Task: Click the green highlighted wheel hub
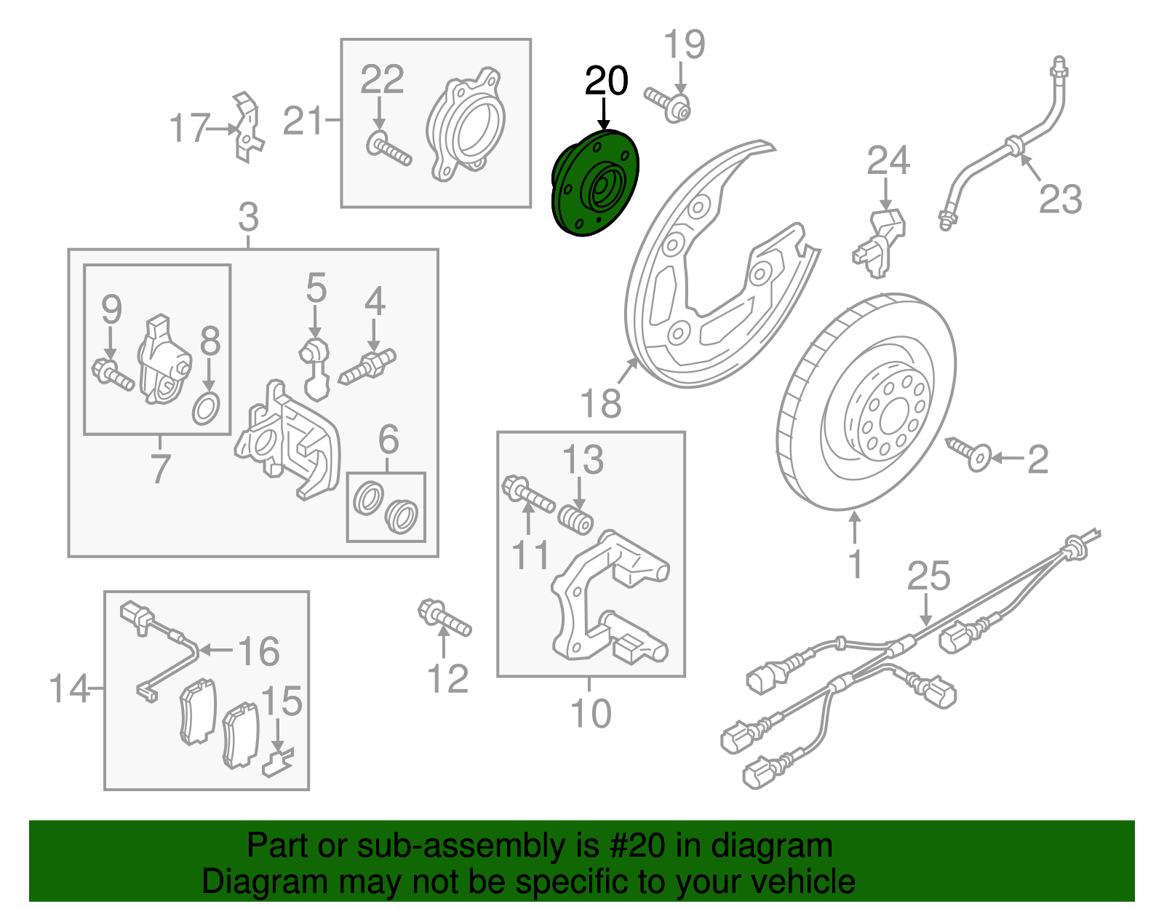(x=594, y=184)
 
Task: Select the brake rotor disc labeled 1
(x=866, y=405)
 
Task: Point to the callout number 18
(x=601, y=403)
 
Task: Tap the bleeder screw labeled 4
(x=368, y=365)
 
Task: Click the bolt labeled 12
(x=445, y=619)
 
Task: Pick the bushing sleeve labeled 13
(x=575, y=522)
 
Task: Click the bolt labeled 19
(x=668, y=105)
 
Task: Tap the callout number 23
(x=1060, y=199)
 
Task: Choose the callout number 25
(x=928, y=576)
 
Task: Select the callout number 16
(x=259, y=651)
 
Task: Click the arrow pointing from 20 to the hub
(x=604, y=115)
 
